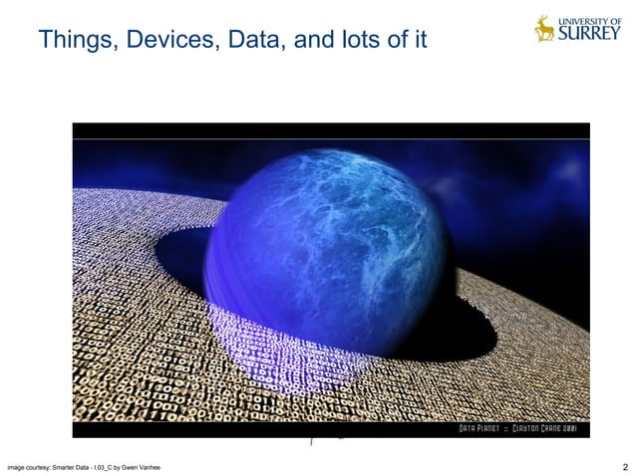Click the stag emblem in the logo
click(x=544, y=28)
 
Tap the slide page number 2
click(x=624, y=466)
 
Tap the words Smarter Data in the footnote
click(x=72, y=467)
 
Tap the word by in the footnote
click(x=120, y=467)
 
